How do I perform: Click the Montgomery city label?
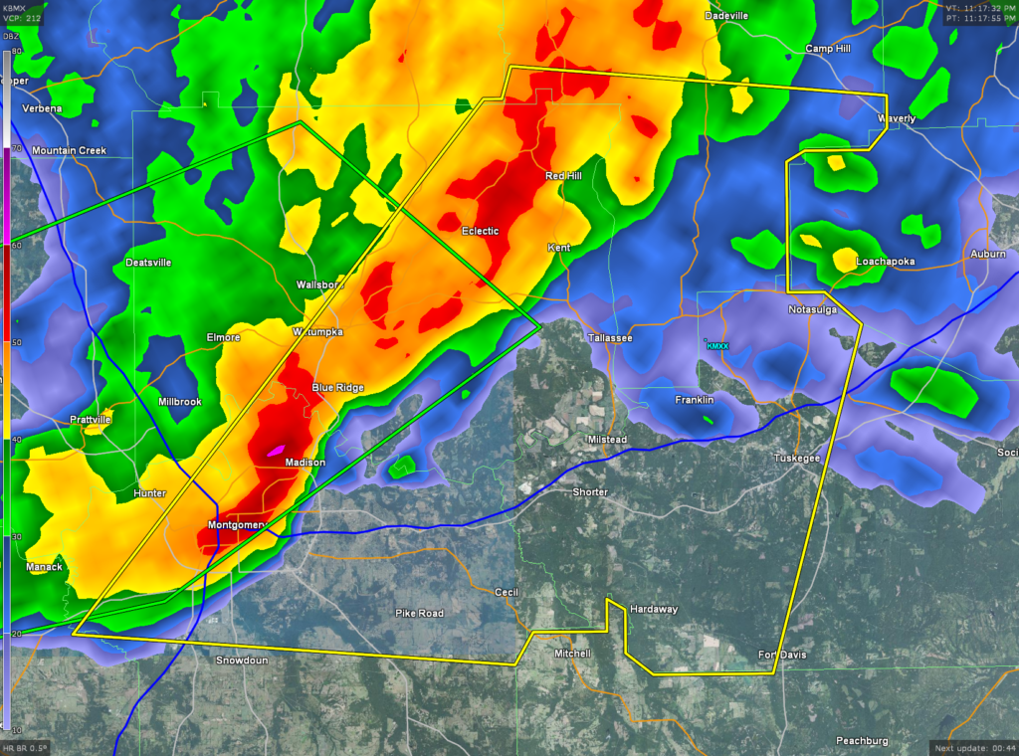tap(236, 524)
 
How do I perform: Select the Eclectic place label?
tap(480, 231)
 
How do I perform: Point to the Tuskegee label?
tap(797, 458)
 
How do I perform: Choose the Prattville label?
tap(91, 420)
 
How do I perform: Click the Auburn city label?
tap(988, 255)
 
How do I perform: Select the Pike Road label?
tap(419, 613)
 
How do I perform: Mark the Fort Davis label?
tap(782, 655)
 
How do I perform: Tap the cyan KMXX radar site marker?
tap(716, 345)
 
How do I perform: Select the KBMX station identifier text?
tap(17, 7)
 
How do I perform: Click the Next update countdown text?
tap(972, 747)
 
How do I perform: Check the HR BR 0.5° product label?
tap(25, 748)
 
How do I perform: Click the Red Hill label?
tap(563, 175)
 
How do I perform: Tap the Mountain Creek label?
tap(69, 150)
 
